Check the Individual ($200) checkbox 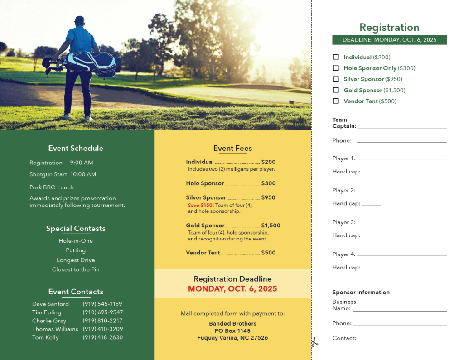[x=336, y=57]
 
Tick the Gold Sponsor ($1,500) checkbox [x=336, y=90]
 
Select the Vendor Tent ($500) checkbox [x=336, y=101]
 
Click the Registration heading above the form [x=389, y=28]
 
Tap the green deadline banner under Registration [x=389, y=40]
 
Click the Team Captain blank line [x=401, y=127]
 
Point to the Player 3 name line [x=401, y=223]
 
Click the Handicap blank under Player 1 [x=371, y=173]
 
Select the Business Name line [x=400, y=310]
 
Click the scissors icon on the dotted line [x=314, y=342]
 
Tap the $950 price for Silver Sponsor [x=268, y=197]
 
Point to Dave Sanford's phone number [x=102, y=304]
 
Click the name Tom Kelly [x=45, y=337]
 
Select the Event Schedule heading [x=76, y=148]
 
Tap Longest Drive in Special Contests [x=76, y=260]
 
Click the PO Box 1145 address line [x=232, y=331]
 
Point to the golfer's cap [x=79, y=19]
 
